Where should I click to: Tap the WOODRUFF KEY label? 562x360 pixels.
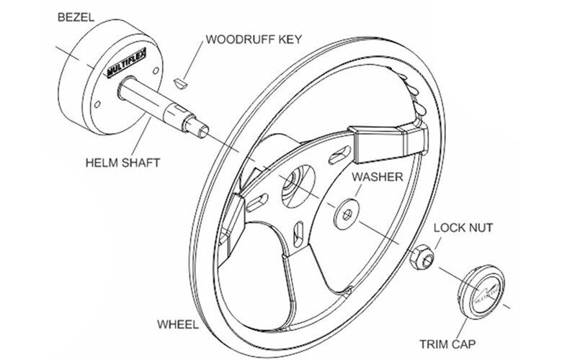pos(254,39)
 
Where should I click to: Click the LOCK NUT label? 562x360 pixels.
pos(463,229)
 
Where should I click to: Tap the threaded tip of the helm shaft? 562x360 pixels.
pos(197,127)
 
